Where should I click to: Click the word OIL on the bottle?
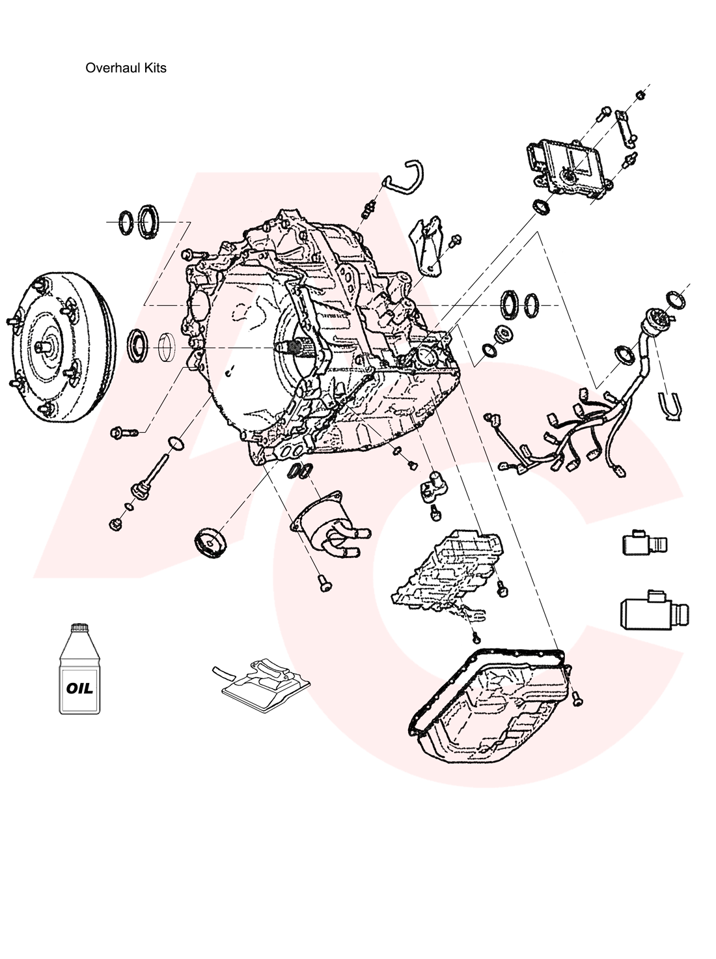pos(79,688)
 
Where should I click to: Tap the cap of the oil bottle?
pos(79,627)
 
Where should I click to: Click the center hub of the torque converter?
pos(46,347)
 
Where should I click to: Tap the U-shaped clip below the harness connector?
pos(670,407)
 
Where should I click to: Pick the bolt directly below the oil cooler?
pos(324,583)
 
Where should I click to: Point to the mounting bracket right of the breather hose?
pos(426,247)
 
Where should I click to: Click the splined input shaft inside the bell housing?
pos(299,348)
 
